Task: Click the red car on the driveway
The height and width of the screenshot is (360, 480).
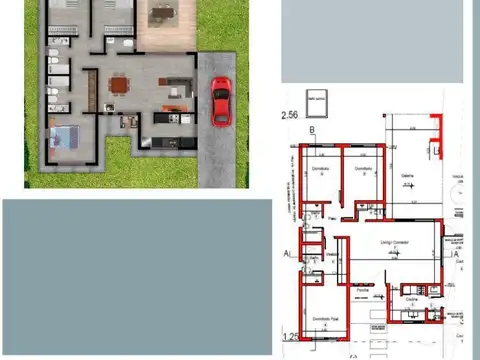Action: pyautogui.click(x=220, y=101)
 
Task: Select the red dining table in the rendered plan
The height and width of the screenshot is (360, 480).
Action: pyautogui.click(x=119, y=84)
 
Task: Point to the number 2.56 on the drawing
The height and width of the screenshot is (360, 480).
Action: pyautogui.click(x=291, y=116)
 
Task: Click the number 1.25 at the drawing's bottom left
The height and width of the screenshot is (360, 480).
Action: pyautogui.click(x=291, y=336)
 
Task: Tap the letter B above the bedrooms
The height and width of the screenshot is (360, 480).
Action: pyautogui.click(x=312, y=130)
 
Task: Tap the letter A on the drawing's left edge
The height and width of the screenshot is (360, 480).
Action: pyautogui.click(x=286, y=254)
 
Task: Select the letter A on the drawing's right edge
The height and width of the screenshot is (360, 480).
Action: pyautogui.click(x=455, y=254)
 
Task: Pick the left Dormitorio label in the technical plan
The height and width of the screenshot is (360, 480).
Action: pyautogui.click(x=319, y=168)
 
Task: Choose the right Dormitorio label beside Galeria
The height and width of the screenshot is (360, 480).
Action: pyautogui.click(x=362, y=168)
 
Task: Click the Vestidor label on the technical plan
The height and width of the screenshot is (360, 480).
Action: pyautogui.click(x=330, y=254)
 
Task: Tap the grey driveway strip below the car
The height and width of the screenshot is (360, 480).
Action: pyautogui.click(x=217, y=160)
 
